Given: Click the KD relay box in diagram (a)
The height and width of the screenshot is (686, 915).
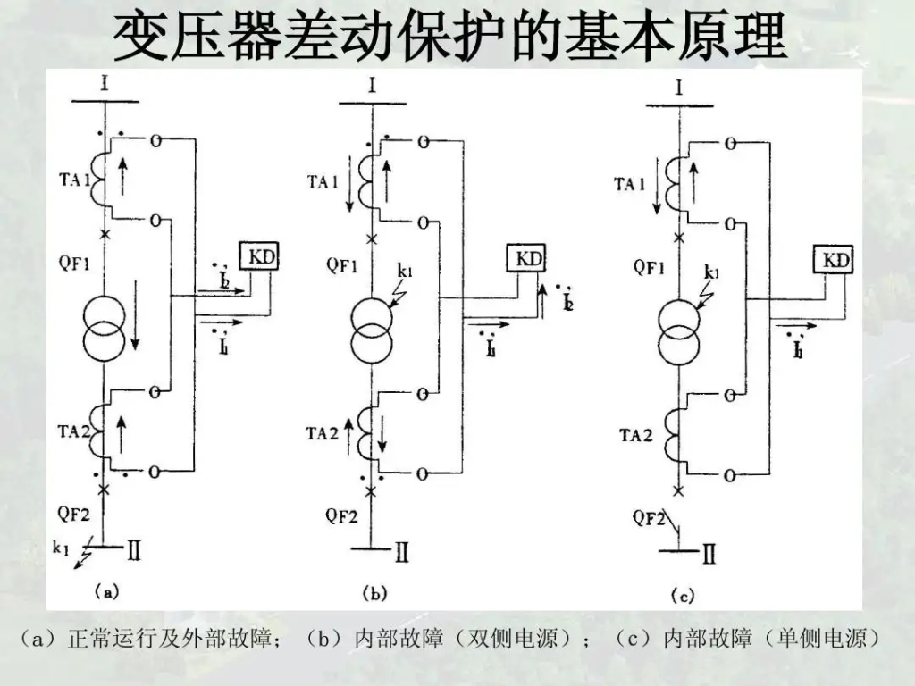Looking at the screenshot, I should click(x=259, y=257).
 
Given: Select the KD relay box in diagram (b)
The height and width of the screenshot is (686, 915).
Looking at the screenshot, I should click(x=528, y=259).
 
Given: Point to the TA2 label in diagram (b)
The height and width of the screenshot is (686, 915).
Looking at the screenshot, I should click(x=322, y=433).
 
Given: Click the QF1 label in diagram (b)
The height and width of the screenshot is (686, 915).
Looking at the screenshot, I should click(x=343, y=264).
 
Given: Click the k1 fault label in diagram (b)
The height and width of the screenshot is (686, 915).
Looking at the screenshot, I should click(x=404, y=270).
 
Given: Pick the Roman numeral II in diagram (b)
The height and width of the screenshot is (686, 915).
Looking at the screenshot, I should click(x=401, y=554).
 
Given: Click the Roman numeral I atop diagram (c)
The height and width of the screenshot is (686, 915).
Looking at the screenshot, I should click(x=679, y=88).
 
